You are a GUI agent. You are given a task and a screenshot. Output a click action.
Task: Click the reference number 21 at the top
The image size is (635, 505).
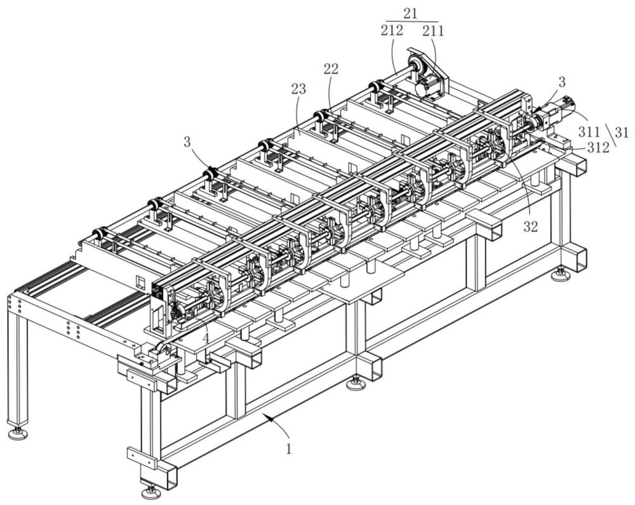coord(410,13)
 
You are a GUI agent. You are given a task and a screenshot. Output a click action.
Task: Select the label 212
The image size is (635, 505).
coord(392,30)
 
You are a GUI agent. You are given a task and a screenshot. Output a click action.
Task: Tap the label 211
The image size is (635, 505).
coord(433,30)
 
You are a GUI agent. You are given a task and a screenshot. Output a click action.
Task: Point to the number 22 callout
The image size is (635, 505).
coord(330,69)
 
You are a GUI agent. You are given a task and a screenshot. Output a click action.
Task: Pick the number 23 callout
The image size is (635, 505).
coord(298,89)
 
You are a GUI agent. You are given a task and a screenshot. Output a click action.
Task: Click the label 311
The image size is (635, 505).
coord(589,131)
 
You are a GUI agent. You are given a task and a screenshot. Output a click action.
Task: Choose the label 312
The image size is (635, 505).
coord(598,148)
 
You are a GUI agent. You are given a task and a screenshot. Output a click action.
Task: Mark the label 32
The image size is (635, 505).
coord(530,227)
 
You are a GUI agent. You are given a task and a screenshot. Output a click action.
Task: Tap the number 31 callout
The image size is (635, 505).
coord(622,132)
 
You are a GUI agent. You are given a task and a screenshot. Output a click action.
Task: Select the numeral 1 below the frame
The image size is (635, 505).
coord(288,449)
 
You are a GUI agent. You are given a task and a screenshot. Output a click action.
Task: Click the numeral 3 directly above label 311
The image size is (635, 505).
coord(562,82)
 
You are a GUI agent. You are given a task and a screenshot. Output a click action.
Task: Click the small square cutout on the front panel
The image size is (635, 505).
coord(140,282)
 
